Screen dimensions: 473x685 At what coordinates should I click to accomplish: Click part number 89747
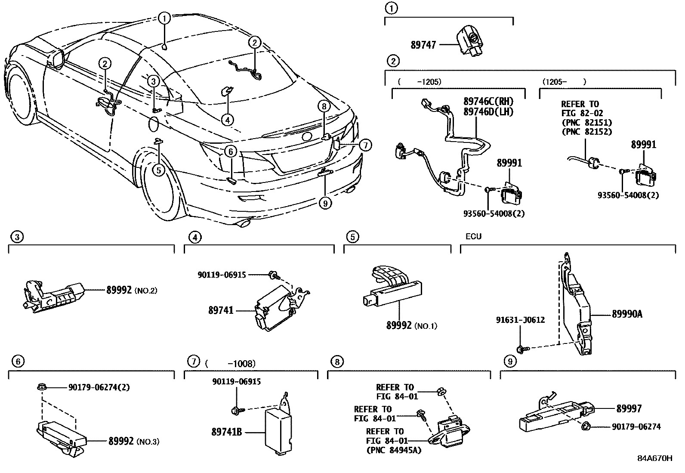(423, 44)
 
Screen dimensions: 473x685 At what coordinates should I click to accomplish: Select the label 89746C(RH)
(488, 102)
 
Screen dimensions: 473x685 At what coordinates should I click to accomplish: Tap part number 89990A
(627, 314)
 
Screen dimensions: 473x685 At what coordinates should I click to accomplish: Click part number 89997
(629, 408)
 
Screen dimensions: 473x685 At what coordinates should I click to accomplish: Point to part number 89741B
(226, 431)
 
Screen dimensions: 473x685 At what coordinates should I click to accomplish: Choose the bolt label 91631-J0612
(520, 320)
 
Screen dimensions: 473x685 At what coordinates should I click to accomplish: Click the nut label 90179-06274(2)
(99, 387)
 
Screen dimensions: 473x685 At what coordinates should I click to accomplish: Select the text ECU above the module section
(473, 236)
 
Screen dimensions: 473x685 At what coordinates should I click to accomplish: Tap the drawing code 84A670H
(654, 458)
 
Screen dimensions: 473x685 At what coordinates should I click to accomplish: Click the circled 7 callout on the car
(365, 145)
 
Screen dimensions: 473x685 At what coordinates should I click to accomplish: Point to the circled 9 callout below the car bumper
(325, 203)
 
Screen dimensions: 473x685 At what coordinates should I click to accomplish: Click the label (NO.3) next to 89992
(147, 442)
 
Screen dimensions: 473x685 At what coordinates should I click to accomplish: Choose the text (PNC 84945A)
(394, 451)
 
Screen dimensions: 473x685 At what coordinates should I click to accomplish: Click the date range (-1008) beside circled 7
(231, 363)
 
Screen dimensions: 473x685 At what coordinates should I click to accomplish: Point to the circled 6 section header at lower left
(18, 361)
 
